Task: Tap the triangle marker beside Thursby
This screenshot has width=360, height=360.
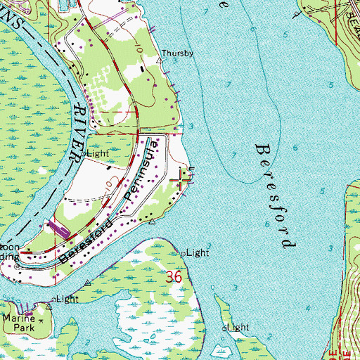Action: coord(159,60)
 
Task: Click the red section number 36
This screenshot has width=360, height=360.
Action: coord(175,278)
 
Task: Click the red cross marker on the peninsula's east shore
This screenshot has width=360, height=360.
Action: coord(183,181)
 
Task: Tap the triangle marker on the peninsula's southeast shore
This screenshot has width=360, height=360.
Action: coord(153,221)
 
